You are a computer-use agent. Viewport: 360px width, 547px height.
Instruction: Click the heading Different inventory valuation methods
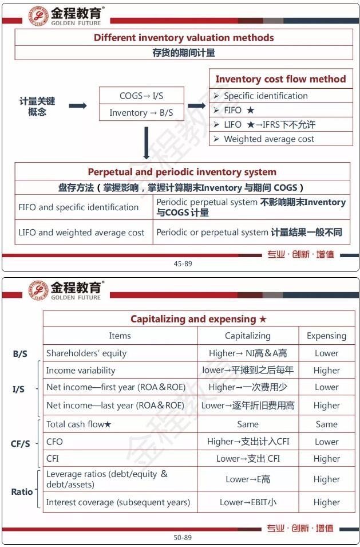184,38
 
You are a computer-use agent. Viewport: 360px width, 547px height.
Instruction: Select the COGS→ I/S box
141,96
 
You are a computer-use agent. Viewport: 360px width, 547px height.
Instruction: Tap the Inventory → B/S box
141,113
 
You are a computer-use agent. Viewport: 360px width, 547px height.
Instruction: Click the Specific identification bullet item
266,96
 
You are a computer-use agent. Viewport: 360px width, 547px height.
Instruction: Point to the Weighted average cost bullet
269,139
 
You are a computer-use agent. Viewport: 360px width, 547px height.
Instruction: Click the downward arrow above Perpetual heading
147,142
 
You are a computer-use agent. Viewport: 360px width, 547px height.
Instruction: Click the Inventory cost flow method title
280,79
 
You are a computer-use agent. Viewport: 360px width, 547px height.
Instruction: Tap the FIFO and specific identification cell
78,207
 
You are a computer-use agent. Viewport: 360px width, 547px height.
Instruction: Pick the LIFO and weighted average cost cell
81,233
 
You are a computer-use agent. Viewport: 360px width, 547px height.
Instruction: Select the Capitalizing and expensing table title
199,319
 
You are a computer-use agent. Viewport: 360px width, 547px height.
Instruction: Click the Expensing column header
326,336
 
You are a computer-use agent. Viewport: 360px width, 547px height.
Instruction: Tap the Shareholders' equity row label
86,353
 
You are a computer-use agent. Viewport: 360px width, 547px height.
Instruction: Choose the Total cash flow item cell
79,424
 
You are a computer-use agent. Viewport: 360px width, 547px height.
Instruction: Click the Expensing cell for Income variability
326,371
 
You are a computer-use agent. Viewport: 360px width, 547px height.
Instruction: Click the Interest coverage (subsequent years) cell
118,502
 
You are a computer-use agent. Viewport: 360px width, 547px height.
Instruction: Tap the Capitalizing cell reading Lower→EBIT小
248,502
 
